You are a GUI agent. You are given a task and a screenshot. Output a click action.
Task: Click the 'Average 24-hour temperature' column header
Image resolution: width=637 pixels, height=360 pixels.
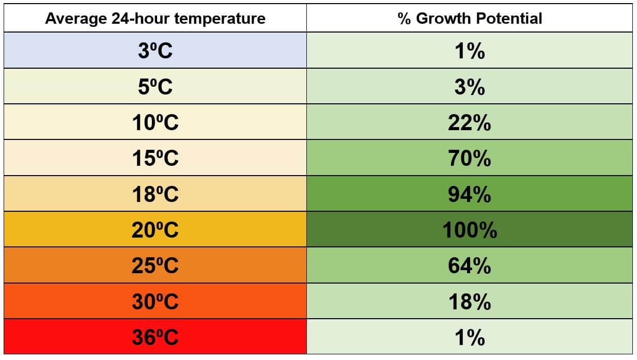(x=155, y=19)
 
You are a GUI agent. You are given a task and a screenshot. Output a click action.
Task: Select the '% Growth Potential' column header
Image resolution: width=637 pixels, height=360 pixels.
(x=470, y=19)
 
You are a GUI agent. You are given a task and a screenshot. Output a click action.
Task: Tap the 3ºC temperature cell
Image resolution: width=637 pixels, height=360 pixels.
(x=155, y=51)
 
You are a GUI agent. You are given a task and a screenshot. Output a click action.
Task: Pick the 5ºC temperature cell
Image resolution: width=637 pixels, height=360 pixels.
(x=155, y=86)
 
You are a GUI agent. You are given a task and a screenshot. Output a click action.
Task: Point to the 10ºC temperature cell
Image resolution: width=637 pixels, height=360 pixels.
(x=155, y=122)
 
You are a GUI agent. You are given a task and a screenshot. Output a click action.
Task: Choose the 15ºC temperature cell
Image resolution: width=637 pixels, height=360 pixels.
(x=155, y=158)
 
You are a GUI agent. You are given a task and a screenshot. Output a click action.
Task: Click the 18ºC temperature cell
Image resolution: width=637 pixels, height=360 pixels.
(x=155, y=194)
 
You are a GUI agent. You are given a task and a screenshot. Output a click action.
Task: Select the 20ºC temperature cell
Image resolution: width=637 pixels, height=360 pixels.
(x=155, y=229)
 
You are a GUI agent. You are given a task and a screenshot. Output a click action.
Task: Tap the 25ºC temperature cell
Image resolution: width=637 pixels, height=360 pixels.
(x=155, y=265)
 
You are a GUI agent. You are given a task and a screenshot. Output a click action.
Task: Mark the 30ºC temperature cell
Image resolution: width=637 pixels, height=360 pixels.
(x=155, y=301)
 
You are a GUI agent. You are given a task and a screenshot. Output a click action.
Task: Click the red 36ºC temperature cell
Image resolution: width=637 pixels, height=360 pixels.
(x=155, y=337)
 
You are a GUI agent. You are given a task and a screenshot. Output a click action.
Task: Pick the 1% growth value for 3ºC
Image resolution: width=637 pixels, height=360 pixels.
(x=470, y=51)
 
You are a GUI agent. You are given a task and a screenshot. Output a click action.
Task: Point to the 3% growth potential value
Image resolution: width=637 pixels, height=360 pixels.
(x=470, y=86)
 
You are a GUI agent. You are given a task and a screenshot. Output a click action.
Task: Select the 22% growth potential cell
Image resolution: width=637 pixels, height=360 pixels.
(x=470, y=122)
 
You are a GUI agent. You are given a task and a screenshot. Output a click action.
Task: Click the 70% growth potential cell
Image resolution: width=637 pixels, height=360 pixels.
(x=470, y=158)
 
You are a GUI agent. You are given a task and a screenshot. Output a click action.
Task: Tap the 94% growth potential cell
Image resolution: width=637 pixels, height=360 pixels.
(x=470, y=194)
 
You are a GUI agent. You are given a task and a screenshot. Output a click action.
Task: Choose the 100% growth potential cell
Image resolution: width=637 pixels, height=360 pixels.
(x=470, y=229)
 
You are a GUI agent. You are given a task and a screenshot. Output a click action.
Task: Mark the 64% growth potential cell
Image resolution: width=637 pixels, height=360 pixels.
(x=470, y=265)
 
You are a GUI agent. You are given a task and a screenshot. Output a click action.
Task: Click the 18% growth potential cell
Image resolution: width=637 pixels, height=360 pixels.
(x=470, y=301)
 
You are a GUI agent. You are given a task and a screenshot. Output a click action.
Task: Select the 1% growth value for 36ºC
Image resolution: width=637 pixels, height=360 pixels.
(x=470, y=337)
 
